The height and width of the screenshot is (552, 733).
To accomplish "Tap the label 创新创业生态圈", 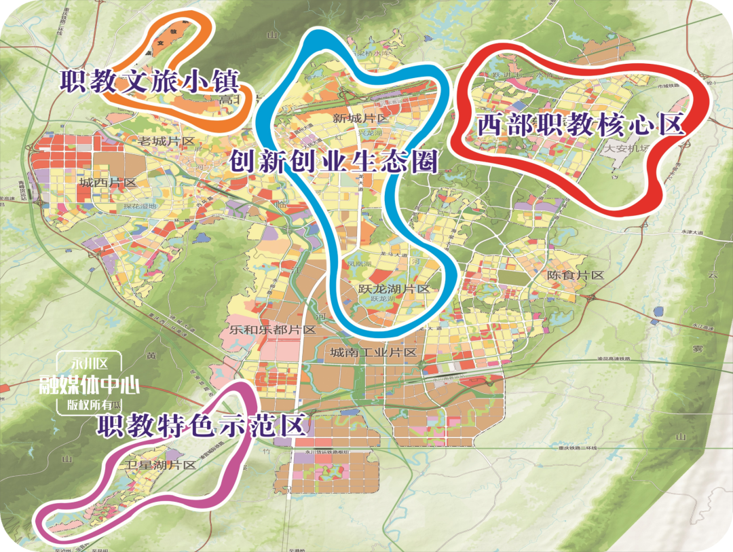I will click(333, 162).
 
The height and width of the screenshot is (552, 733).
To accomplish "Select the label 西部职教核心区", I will click(579, 125).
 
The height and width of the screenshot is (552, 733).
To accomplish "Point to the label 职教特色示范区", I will click(201, 426).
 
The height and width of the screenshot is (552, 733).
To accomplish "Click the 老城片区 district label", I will click(166, 142).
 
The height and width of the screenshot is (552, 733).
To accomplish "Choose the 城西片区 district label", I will click(108, 183).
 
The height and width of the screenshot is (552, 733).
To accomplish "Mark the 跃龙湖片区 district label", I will click(394, 289).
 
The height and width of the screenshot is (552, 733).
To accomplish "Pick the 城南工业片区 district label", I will click(373, 352).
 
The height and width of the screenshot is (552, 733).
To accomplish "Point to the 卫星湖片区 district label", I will click(160, 465).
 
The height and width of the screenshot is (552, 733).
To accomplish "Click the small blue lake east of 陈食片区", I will click(657, 313).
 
